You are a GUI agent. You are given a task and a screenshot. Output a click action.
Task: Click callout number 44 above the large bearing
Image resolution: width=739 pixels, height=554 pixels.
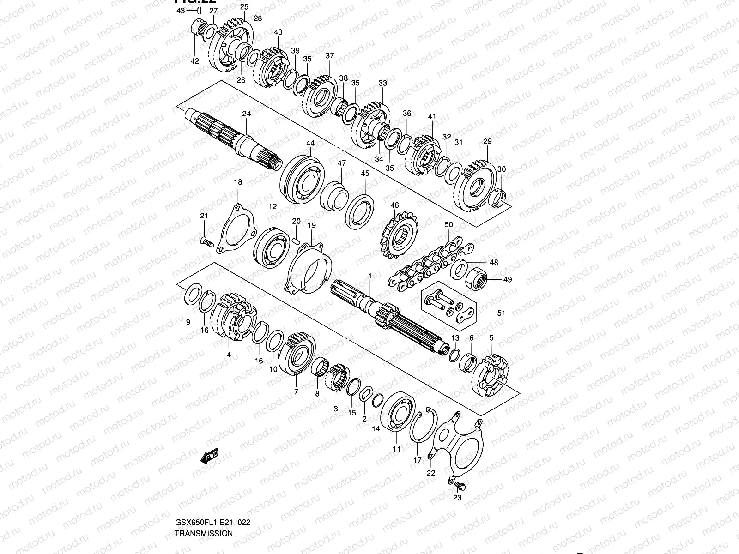pos(309,144)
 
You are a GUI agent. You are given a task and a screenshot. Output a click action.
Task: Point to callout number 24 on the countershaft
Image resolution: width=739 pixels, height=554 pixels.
pos(246,114)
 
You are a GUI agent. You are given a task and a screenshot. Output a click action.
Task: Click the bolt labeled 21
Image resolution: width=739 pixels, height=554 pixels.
pos(207,241)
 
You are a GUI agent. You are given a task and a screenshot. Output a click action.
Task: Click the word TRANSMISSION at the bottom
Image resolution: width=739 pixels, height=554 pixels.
pos(204,533)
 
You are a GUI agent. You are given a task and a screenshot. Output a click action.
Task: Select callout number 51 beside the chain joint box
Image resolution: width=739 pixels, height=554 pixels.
pos(501,313)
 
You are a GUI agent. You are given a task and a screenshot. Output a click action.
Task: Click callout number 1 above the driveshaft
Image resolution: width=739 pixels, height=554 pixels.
pos(369,276)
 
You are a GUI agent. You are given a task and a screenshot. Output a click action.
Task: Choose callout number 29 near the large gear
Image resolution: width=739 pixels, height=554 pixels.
pos(488,141)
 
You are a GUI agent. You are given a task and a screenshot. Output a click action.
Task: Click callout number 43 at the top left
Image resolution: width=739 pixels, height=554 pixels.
pos(180,11)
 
